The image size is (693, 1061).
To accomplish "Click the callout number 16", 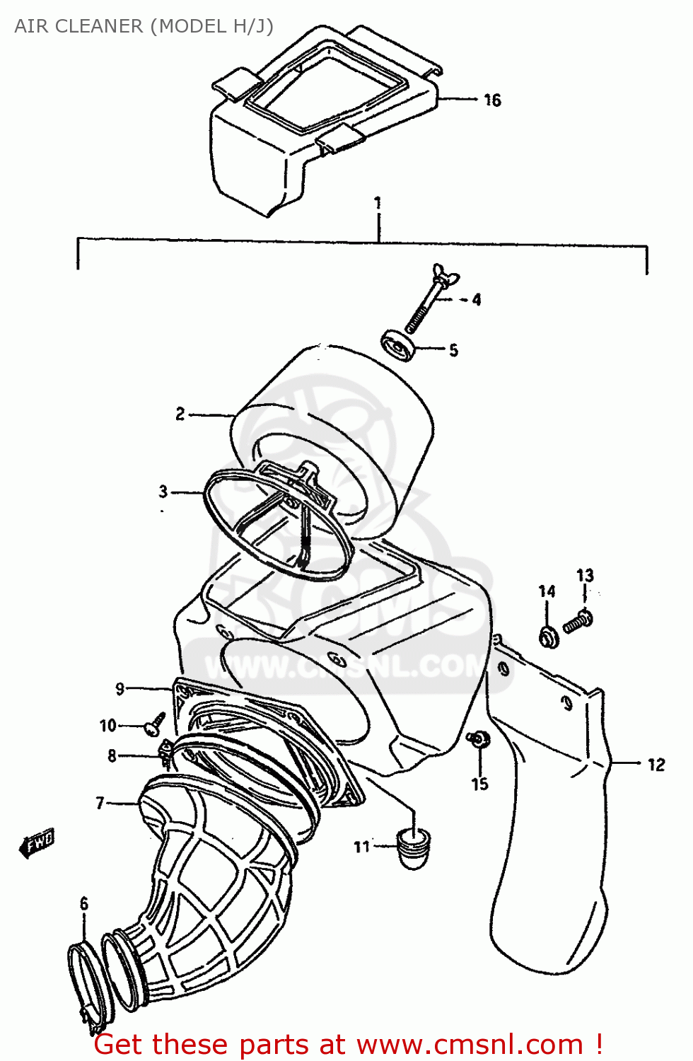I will tap(492, 100).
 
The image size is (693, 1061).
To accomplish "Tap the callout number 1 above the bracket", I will tap(378, 203).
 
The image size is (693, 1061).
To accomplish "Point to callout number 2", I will tap(180, 414).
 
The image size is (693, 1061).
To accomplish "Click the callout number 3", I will tap(163, 492).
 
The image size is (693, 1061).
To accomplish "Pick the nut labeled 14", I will tap(549, 636).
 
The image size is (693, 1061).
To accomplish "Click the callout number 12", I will tap(656, 765).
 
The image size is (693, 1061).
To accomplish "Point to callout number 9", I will tap(120, 688).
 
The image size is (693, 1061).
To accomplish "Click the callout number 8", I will tap(112, 756).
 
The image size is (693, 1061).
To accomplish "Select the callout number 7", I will tap(100, 803).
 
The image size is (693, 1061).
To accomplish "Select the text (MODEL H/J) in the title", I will tap(211, 26).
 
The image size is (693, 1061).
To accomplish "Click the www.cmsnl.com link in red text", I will tap(470, 1045).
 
